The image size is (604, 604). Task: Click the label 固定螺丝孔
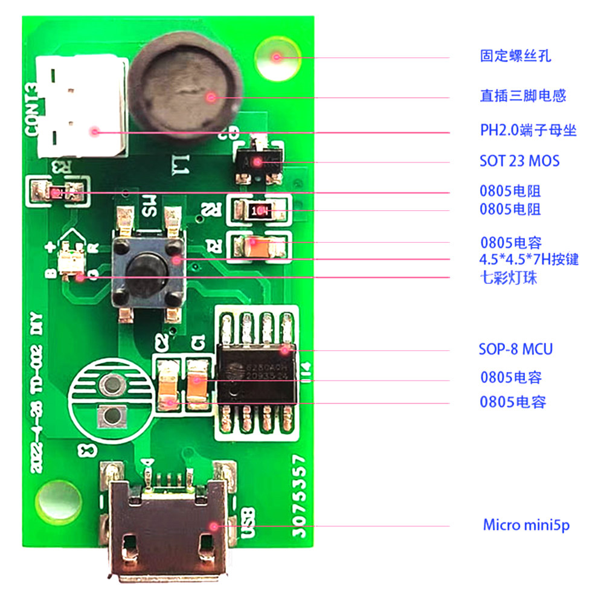[515, 57]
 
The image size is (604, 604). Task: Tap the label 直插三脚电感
[522, 95]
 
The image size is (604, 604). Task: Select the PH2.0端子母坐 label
[528, 130]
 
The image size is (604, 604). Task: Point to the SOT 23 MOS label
[519, 161]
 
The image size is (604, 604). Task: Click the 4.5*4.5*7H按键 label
[529, 260]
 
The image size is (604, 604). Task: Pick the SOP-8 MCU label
[515, 349]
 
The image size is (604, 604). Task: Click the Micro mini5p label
[525, 525]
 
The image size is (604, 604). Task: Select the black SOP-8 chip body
[257, 374]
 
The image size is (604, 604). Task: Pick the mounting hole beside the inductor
[277, 58]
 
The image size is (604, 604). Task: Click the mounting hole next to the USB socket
[59, 501]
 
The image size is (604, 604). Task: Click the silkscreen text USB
[248, 523]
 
